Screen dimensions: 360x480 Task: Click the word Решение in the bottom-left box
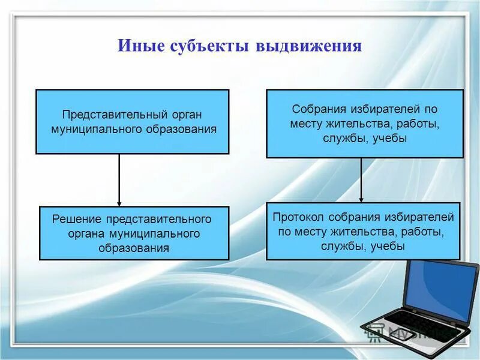point(77,218)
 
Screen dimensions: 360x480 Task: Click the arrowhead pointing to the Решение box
point(119,202)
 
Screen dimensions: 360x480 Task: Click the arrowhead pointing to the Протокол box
point(361,199)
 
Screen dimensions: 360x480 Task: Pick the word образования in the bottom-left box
point(133,247)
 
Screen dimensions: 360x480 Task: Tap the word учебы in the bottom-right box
point(388,246)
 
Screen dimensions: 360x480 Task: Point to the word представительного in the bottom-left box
point(162,218)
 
